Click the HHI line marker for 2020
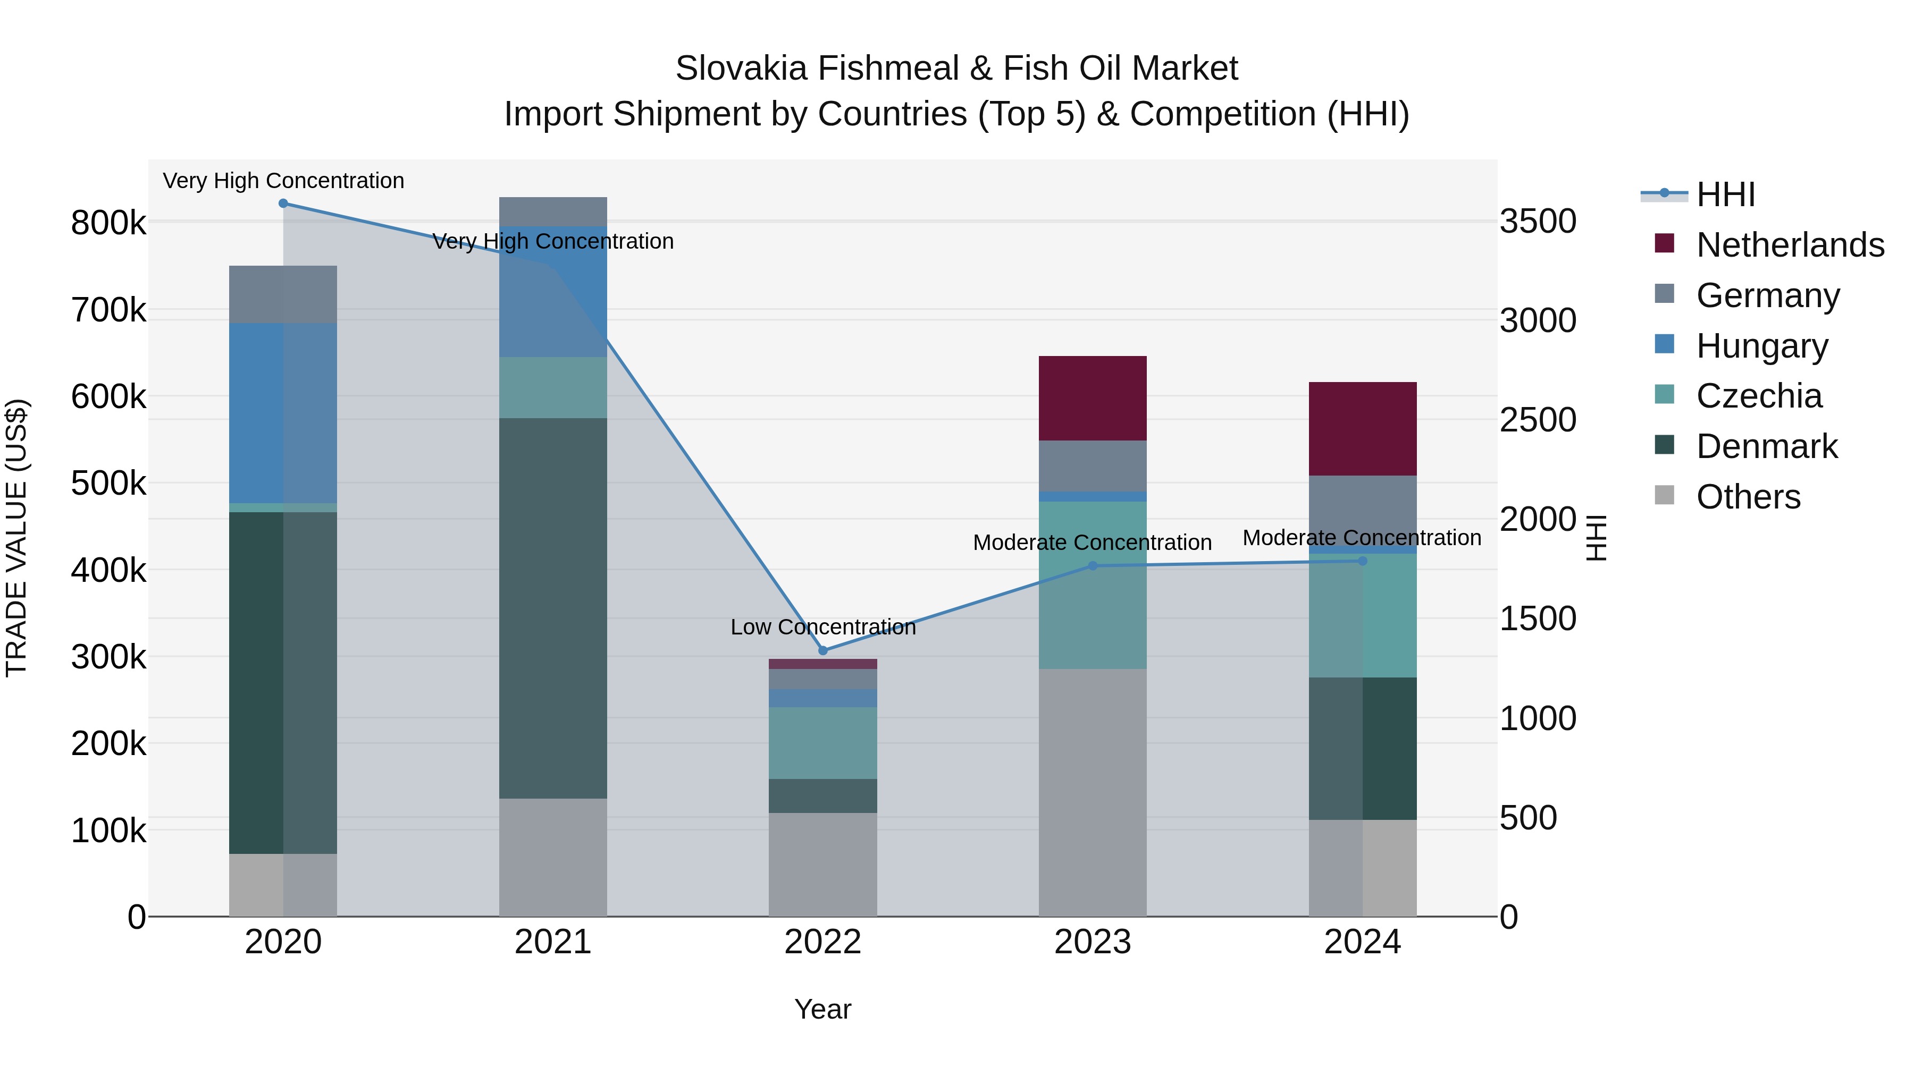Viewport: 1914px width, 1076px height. coord(283,204)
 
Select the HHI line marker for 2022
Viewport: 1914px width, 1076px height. coord(822,650)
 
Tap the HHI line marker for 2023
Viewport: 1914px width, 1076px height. coord(1092,566)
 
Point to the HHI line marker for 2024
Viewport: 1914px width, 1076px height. coord(1362,561)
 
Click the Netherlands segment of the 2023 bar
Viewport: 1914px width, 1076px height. coord(1092,398)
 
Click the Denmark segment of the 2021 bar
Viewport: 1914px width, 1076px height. coord(553,608)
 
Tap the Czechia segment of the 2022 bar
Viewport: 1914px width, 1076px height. coord(822,743)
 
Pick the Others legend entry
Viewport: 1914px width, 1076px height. coord(1748,497)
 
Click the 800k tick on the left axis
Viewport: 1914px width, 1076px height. coord(108,223)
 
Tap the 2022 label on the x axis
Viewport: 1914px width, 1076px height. coord(822,942)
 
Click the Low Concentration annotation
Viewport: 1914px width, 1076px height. coord(822,628)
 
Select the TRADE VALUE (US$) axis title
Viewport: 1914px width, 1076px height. coord(16,538)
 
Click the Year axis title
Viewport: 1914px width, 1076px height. coord(822,1009)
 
